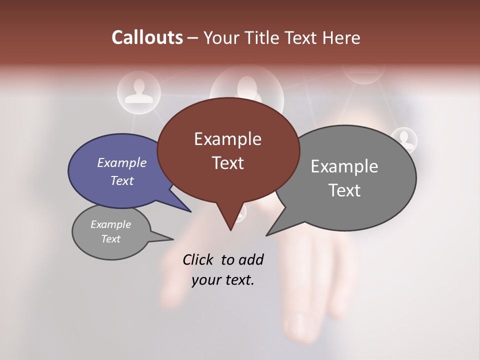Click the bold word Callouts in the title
(x=147, y=37)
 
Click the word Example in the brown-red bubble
(x=227, y=139)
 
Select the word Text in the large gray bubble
(x=344, y=190)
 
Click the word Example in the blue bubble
(x=122, y=162)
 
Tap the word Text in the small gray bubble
(x=111, y=239)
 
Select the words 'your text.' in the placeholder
(x=223, y=280)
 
